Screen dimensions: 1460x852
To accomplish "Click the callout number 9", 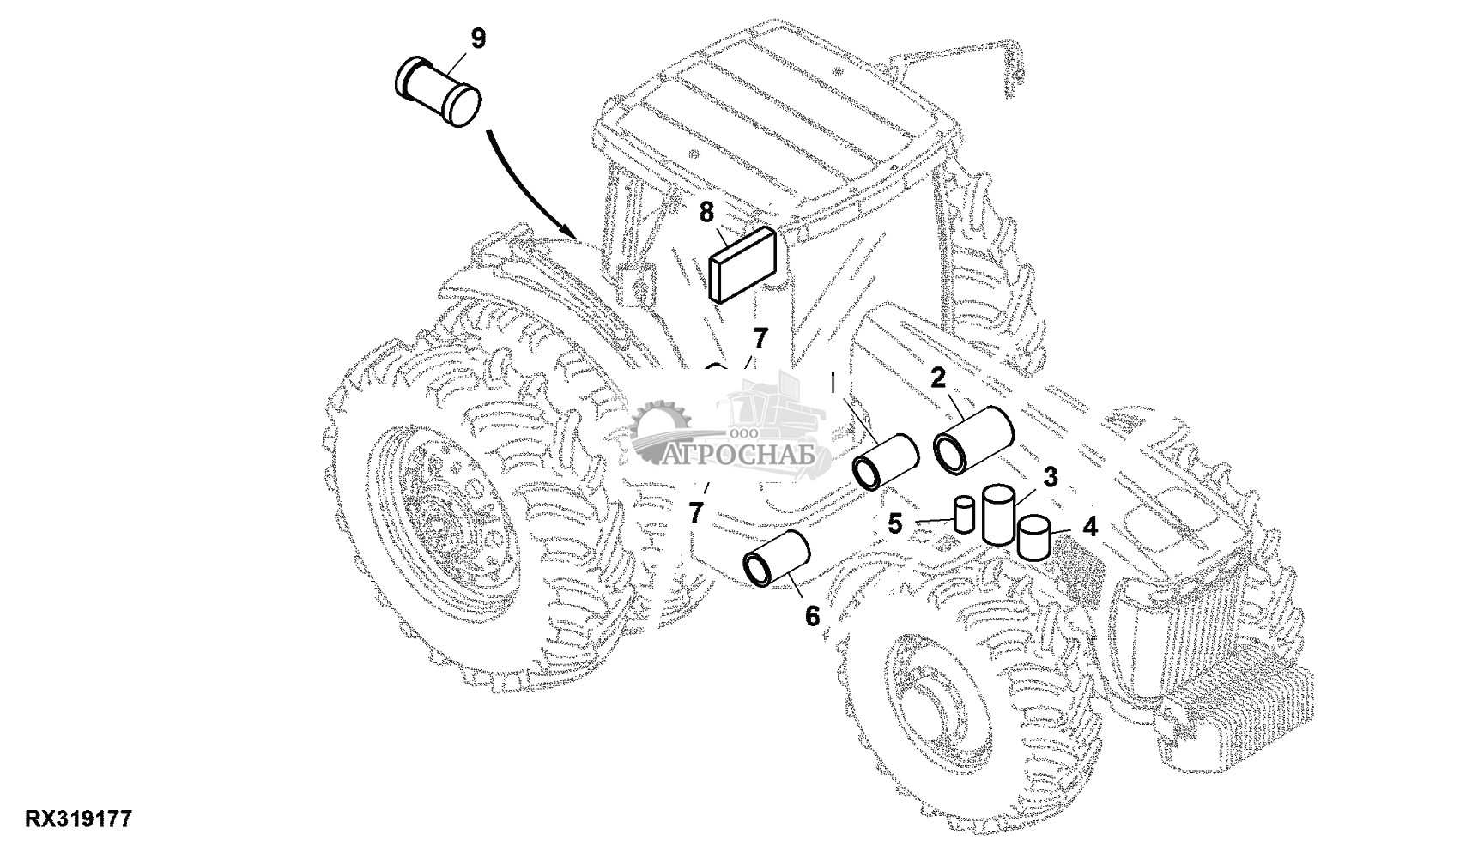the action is pos(478,39).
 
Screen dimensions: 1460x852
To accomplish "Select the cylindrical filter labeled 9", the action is pos(438,92).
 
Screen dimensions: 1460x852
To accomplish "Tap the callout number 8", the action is pos(706,212).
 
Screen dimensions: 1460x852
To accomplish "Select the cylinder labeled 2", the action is pos(973,439).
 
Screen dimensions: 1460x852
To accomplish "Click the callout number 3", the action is pos(1050,477).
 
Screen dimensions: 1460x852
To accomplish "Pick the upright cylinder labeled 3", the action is pos(999,514).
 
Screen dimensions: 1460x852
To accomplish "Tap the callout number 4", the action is pos(1090,526).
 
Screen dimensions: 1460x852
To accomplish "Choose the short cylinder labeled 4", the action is pos(1034,537).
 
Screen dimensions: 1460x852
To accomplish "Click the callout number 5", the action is pos(895,523).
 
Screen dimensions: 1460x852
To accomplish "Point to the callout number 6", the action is pos(811,615).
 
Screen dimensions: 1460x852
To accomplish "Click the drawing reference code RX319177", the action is pos(78,819).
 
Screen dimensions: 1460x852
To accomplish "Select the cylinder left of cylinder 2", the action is pos(886,462).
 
